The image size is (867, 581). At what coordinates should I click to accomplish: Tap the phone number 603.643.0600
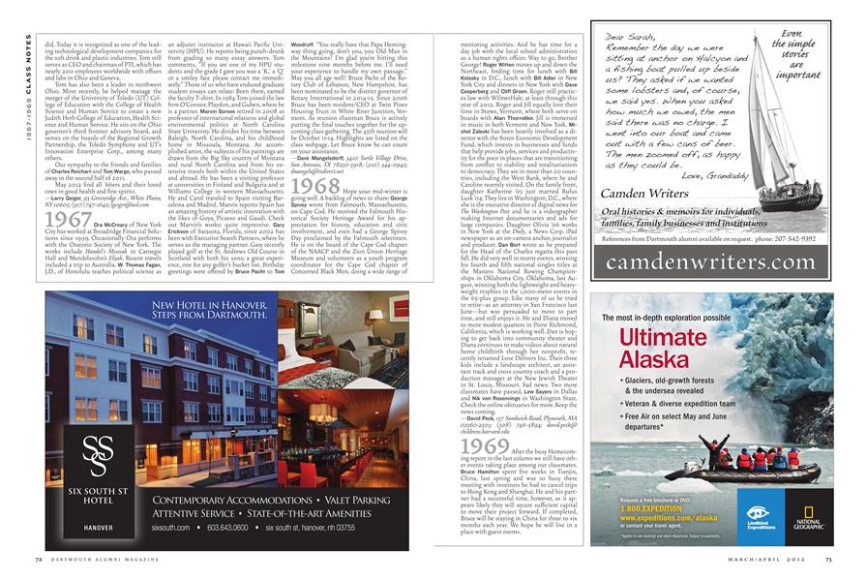point(234,527)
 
